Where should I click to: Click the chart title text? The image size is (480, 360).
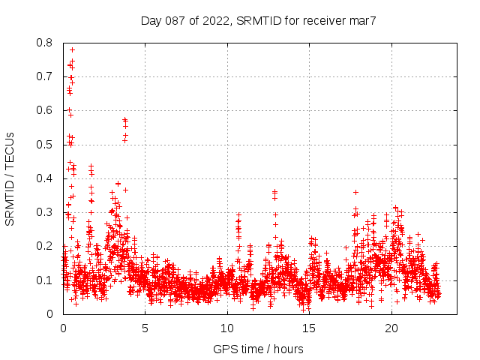[258, 21]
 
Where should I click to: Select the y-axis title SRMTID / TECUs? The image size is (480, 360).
[10, 178]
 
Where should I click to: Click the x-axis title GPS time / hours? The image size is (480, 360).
[258, 349]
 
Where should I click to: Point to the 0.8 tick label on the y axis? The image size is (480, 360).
[44, 43]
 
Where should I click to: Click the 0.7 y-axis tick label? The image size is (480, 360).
[44, 76]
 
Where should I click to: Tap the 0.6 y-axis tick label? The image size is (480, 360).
[44, 110]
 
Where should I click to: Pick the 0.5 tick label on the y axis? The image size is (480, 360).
[44, 145]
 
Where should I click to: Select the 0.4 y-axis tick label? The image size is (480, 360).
[44, 178]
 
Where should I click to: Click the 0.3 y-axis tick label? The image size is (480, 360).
[44, 212]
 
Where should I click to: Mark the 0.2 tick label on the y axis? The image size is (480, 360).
[44, 246]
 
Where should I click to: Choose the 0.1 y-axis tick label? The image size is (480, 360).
[44, 280]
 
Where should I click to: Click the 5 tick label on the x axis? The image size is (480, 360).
[145, 328]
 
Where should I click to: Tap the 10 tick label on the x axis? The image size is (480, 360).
[227, 328]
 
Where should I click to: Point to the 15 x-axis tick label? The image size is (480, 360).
[310, 328]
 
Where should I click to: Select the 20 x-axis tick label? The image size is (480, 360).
[391, 328]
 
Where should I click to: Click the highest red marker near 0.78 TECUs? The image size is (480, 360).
[72, 49]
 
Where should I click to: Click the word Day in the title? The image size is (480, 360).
[151, 21]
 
